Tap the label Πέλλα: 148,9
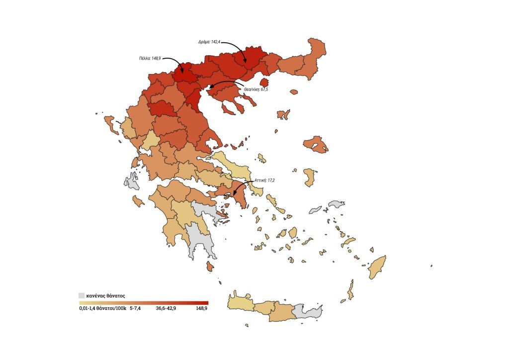pyautogui.click(x=150, y=58)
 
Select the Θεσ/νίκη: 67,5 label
pyautogui.click(x=255, y=90)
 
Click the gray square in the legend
pyautogui.click(x=82, y=295)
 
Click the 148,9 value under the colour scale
pyautogui.click(x=201, y=308)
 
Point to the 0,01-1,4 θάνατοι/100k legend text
pyautogui.click(x=102, y=308)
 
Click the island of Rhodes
pyautogui.click(x=377, y=267)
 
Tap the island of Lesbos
pyautogui.click(x=316, y=144)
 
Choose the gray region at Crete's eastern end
pyautogui.click(x=308, y=311)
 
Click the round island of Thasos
pyautogui.click(x=264, y=82)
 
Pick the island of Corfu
pyautogui.click(x=110, y=124)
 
